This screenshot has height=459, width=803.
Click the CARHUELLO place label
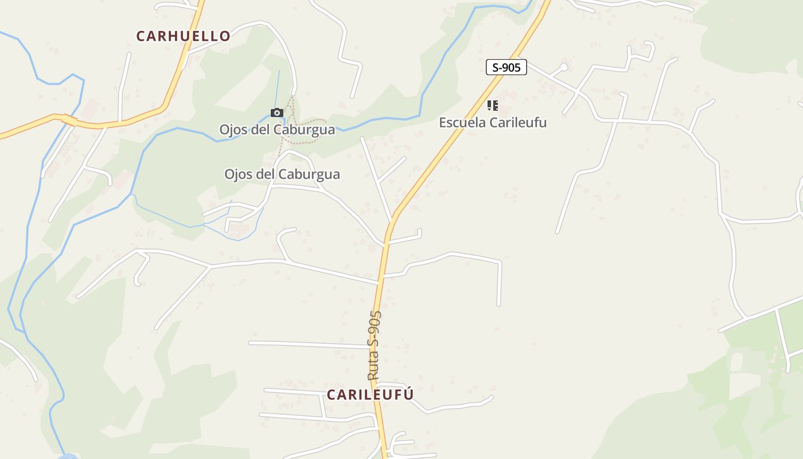tap(183, 36)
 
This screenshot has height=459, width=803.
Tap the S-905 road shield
tap(506, 67)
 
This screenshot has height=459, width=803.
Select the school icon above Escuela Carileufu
tap(492, 106)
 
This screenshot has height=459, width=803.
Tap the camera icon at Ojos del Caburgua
tap(276, 112)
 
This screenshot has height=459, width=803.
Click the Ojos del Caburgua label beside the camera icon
tap(277, 130)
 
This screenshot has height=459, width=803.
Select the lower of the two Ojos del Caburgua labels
tap(282, 174)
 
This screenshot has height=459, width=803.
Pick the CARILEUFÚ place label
tap(370, 395)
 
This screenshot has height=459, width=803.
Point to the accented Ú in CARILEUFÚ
tap(408, 394)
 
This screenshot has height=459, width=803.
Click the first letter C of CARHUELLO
tap(141, 36)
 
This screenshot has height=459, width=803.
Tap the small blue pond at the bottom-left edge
tap(68, 457)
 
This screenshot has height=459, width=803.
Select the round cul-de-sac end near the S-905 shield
tap(564, 67)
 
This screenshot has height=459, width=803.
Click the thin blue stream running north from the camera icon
tap(279, 86)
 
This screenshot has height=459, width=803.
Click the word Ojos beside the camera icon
tap(232, 130)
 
